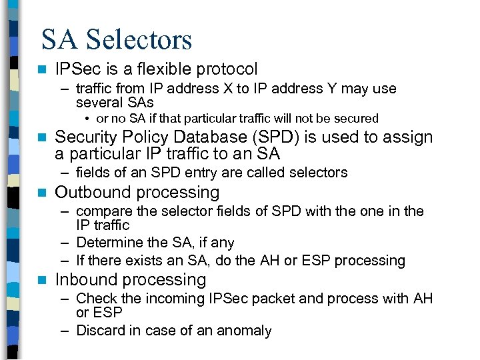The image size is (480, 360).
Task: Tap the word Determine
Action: (x=107, y=243)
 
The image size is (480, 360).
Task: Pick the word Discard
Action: (x=99, y=331)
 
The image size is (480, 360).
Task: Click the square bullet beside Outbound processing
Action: (x=42, y=193)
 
